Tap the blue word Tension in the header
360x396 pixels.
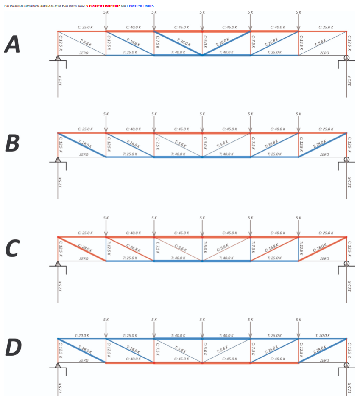pyautogui.click(x=146, y=6)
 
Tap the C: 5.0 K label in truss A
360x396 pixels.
pyautogui.click(x=204, y=43)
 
